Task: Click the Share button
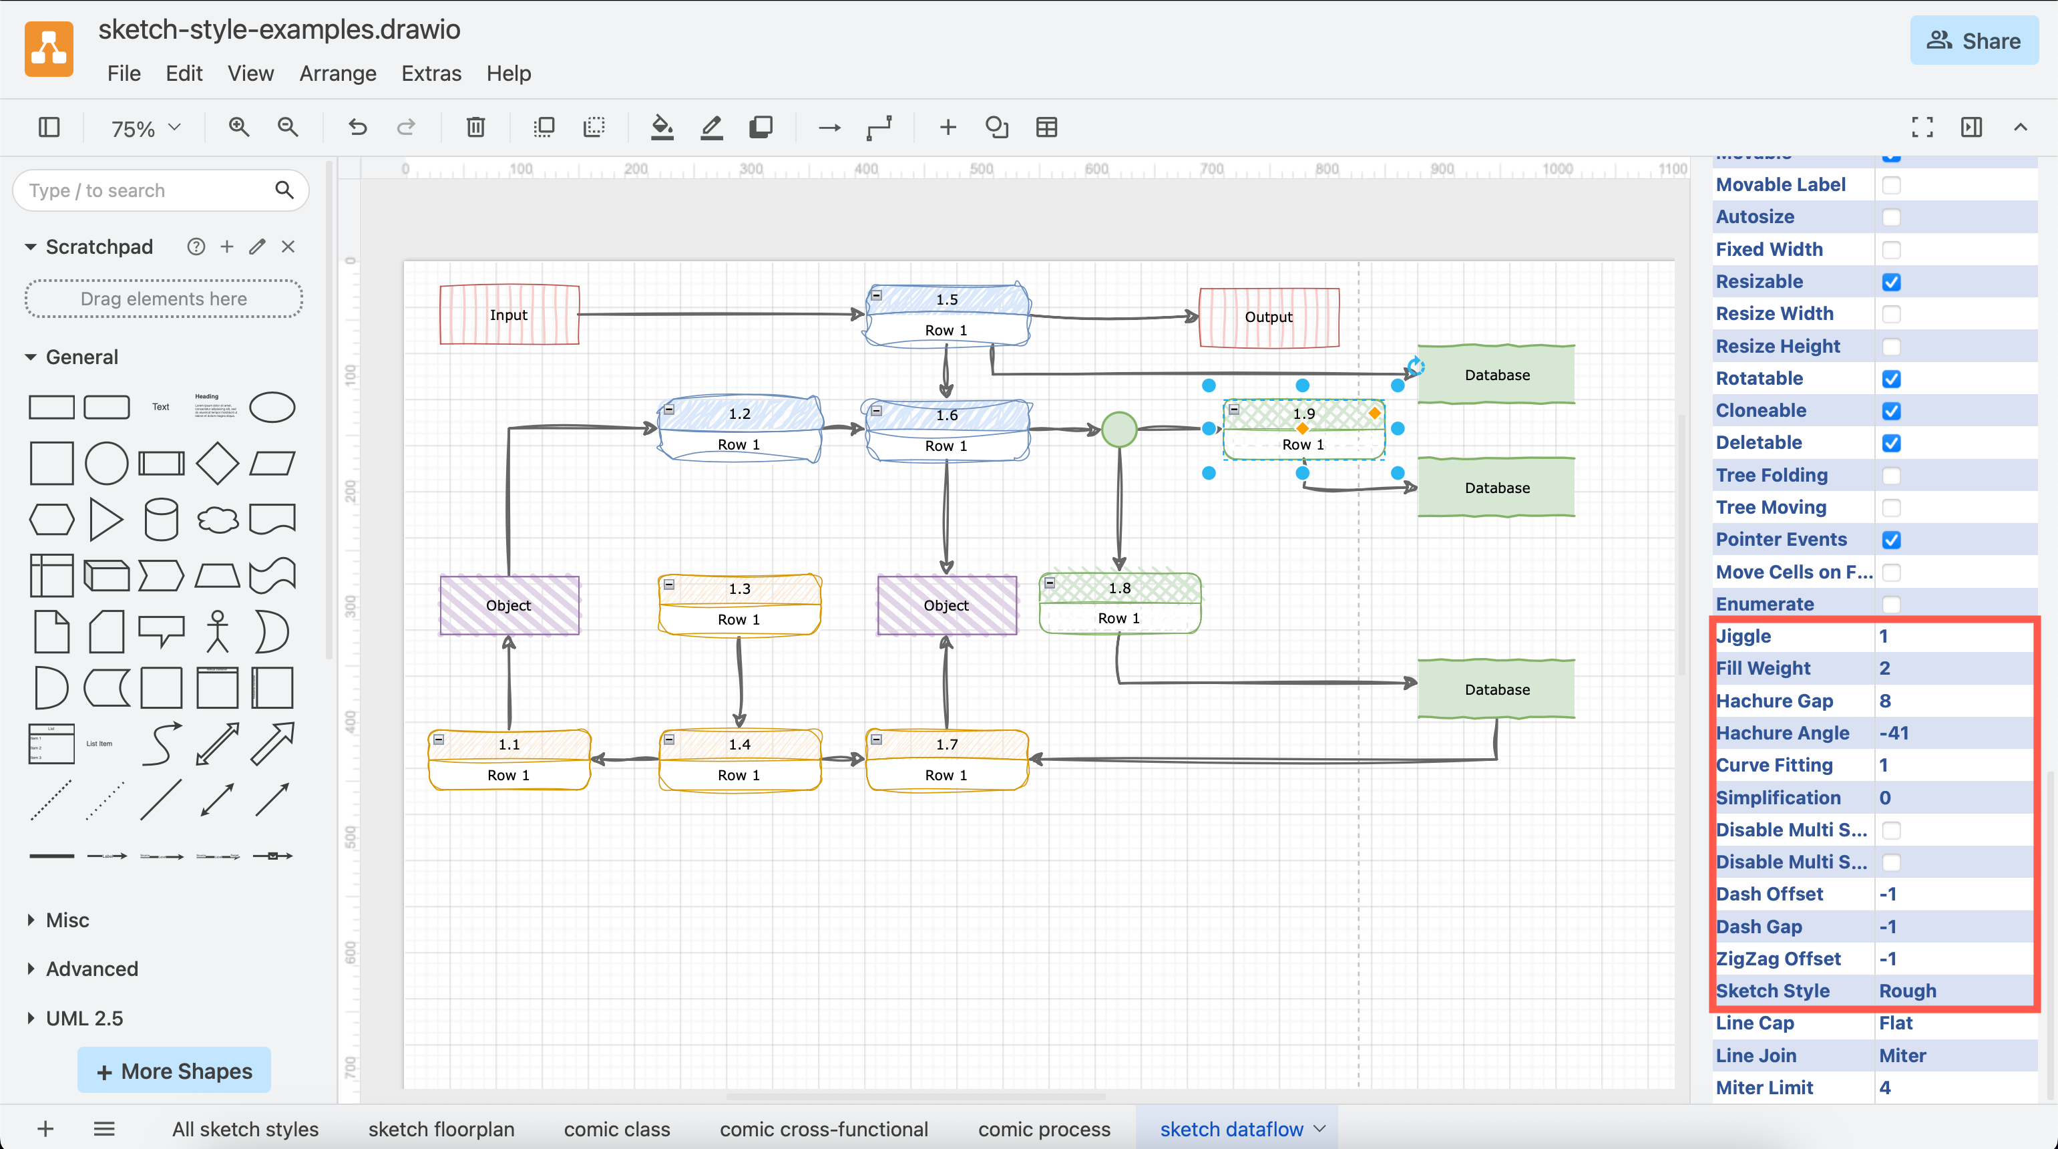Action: (x=1973, y=41)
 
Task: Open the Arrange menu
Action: (x=337, y=73)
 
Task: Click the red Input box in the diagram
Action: (x=509, y=315)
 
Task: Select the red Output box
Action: (x=1268, y=317)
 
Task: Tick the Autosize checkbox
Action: (x=1890, y=217)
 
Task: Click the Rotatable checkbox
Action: (x=1890, y=379)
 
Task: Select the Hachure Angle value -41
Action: (x=1894, y=733)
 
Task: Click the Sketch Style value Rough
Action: (x=1907, y=991)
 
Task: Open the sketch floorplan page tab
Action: (x=441, y=1129)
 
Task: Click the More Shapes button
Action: (x=174, y=1071)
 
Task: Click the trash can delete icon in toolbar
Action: (x=475, y=127)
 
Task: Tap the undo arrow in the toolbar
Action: (x=357, y=127)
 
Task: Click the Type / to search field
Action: (x=148, y=190)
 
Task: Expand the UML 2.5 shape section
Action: (x=84, y=1018)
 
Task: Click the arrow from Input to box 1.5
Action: (x=719, y=314)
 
